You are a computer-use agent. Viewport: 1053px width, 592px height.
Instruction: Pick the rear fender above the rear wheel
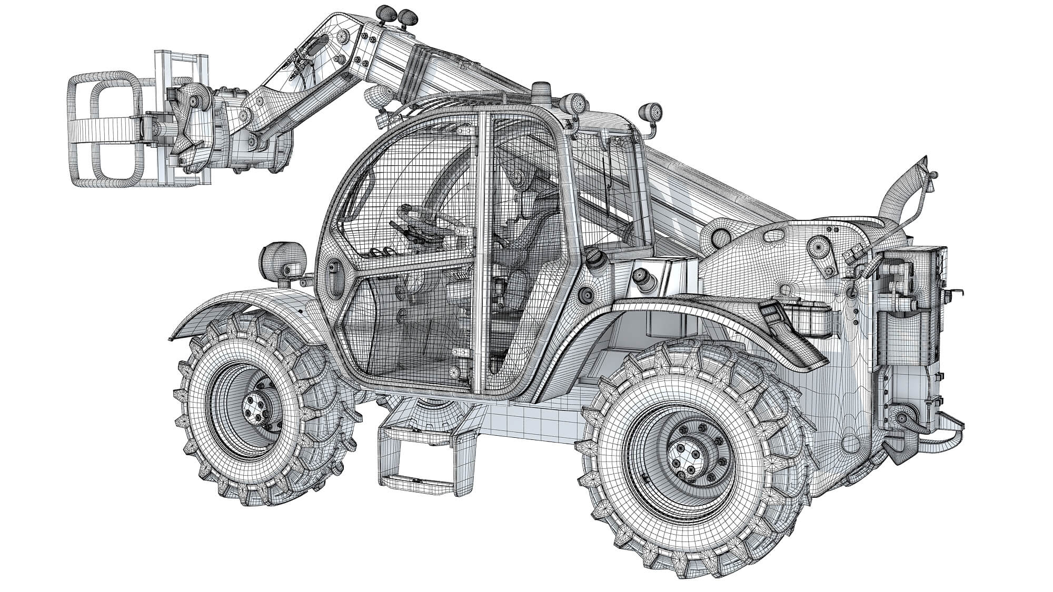(711, 316)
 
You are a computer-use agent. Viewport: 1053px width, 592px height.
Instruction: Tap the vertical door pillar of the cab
(482, 253)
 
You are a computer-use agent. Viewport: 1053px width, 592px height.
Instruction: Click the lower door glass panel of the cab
(411, 326)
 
